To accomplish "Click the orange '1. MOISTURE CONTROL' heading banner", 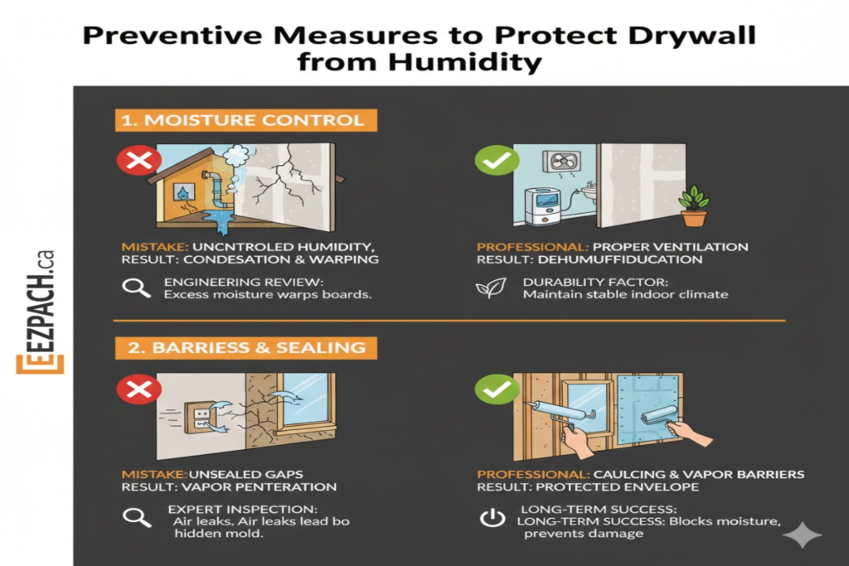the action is click(245, 120).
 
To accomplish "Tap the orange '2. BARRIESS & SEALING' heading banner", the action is click(245, 347).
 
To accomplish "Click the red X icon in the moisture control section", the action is click(139, 160).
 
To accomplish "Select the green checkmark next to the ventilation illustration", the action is click(497, 160).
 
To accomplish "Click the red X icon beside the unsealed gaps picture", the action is click(139, 389).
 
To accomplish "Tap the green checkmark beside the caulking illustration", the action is click(497, 389).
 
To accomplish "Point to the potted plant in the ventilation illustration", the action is click(694, 206).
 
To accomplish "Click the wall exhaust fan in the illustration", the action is click(562, 162).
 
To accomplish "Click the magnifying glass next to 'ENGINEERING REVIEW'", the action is click(136, 288).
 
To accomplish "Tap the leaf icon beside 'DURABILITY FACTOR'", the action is click(491, 288).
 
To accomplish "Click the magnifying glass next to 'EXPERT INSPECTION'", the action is click(137, 518).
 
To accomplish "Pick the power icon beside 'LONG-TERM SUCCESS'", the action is click(492, 518).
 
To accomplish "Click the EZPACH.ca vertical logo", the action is click(40, 312).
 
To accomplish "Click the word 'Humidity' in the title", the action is click(465, 61).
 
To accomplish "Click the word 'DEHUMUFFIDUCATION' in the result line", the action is click(620, 259).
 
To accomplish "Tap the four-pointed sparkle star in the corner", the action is click(803, 535).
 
